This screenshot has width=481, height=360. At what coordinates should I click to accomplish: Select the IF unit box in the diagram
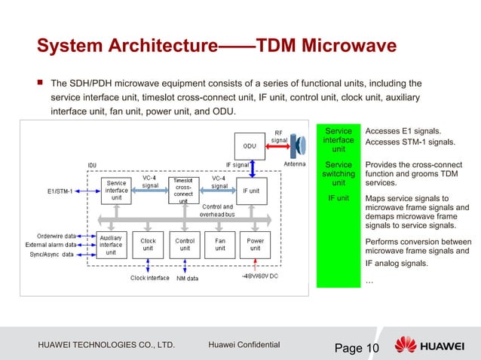(254, 191)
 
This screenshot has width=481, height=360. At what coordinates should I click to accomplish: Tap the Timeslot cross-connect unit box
(183, 191)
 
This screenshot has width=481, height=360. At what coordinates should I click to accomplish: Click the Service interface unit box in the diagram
(116, 191)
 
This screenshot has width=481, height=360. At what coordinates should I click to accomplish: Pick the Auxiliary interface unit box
(111, 244)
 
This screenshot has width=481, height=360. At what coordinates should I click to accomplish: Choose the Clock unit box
(149, 244)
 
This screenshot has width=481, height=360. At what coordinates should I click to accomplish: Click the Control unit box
(185, 244)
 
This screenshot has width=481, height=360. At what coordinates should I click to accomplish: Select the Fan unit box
(220, 244)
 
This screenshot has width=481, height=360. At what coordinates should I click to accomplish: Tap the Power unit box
(256, 244)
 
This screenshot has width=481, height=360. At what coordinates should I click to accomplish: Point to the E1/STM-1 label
(57, 191)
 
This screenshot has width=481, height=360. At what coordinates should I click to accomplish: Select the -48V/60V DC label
(259, 277)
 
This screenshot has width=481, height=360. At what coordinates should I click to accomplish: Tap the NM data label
(188, 278)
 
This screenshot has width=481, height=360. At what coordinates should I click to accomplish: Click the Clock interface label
(149, 278)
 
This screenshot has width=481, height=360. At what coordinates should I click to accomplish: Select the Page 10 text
(357, 347)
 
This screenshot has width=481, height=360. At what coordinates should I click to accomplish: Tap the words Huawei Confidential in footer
(243, 345)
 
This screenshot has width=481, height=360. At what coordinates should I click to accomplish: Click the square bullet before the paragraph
(38, 82)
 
